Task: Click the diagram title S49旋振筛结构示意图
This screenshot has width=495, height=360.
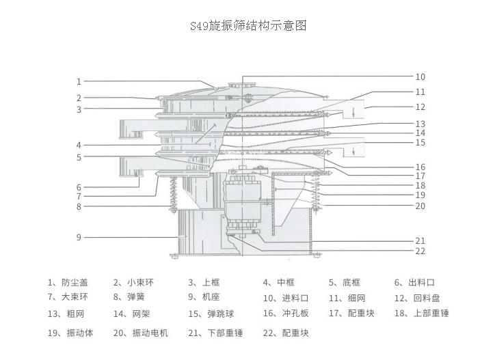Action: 247,26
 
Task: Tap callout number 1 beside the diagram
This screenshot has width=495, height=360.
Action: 79,82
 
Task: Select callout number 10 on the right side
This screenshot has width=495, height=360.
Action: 420,77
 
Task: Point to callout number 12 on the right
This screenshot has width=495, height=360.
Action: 420,107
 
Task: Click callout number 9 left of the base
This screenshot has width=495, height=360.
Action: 79,237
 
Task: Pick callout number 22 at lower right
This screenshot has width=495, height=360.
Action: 420,251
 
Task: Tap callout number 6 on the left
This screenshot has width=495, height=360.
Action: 79,187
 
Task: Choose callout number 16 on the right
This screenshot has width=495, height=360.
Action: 420,167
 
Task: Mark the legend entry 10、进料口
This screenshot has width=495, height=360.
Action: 286,298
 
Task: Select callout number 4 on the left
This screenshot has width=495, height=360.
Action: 79,145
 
